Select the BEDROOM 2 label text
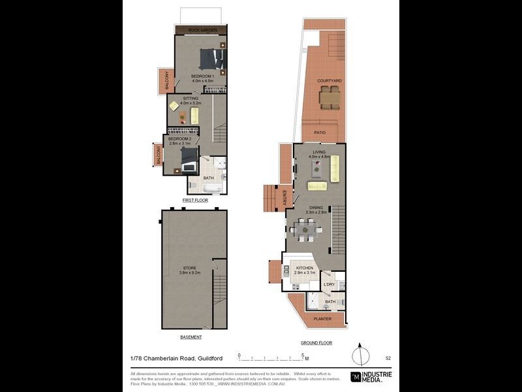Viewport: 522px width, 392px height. click(179, 139)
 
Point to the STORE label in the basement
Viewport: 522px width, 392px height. click(189, 268)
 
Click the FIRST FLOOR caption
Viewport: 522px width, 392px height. click(194, 201)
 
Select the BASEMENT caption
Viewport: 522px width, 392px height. click(191, 337)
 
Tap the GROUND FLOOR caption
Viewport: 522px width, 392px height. click(316, 342)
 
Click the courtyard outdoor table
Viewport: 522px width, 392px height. click(330, 98)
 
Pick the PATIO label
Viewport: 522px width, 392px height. click(320, 133)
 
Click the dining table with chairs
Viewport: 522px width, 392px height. click(305, 229)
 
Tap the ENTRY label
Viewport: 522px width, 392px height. click(284, 196)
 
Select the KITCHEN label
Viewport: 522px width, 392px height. click(305, 268)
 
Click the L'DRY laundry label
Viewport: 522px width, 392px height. click(330, 285)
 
